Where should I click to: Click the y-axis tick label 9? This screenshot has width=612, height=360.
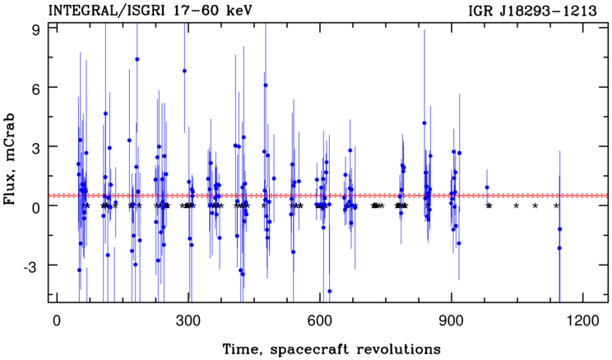click(x=38, y=30)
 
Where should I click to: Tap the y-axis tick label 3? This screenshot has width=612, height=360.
click(x=38, y=146)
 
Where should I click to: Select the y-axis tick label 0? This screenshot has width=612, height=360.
click(x=38, y=206)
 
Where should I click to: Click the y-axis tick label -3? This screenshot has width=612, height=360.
click(x=34, y=265)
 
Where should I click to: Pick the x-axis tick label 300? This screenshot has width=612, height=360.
click(x=188, y=321)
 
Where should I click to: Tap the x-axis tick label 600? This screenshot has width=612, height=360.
click(x=320, y=321)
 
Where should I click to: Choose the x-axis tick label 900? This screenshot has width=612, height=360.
click(x=452, y=321)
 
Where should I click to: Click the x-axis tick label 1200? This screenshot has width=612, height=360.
click(x=582, y=321)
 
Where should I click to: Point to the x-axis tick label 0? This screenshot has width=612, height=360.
click(x=58, y=321)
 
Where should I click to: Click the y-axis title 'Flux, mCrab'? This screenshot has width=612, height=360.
click(x=10, y=159)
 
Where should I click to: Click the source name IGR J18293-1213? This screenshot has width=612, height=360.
click(x=533, y=12)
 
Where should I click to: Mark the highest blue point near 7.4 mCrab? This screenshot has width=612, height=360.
click(x=137, y=59)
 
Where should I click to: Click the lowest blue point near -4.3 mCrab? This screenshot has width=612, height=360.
click(x=329, y=291)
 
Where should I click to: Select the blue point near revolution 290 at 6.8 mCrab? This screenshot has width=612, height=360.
click(x=184, y=71)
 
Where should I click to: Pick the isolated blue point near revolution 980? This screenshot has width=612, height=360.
click(x=487, y=187)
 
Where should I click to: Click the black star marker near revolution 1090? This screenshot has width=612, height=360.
click(x=535, y=205)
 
